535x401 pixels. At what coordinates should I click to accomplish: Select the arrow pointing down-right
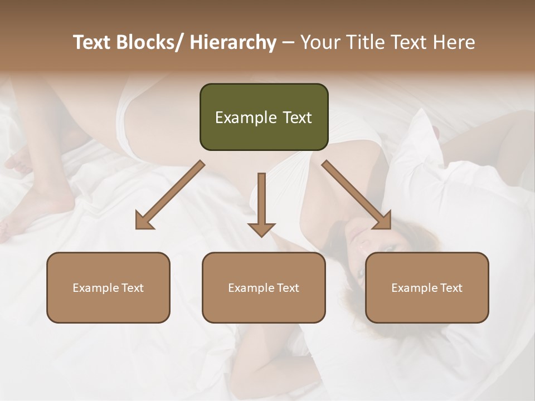click(357, 195)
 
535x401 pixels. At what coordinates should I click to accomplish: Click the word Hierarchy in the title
click(233, 42)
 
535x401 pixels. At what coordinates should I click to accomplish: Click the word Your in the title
click(320, 42)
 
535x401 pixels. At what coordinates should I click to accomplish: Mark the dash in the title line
click(288, 42)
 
